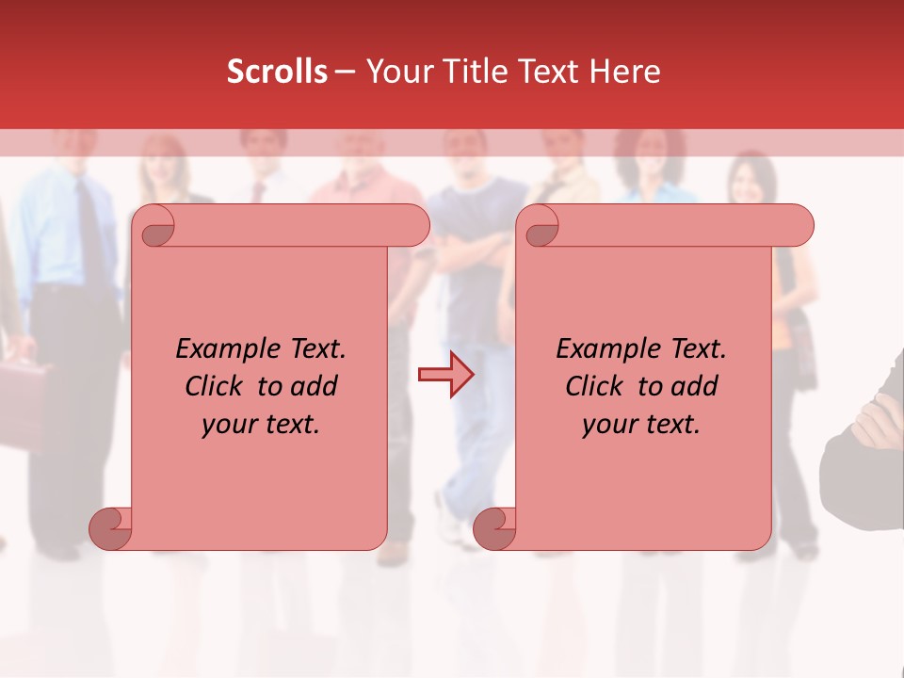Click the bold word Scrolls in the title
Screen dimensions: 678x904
pos(277,72)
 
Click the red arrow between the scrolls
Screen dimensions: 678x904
pos(445,375)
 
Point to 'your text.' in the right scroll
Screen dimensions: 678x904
pos(641,425)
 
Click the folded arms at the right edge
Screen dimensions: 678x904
pos(866,424)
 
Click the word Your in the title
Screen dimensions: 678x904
pos(392,72)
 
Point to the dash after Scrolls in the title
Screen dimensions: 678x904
pos(345,72)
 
